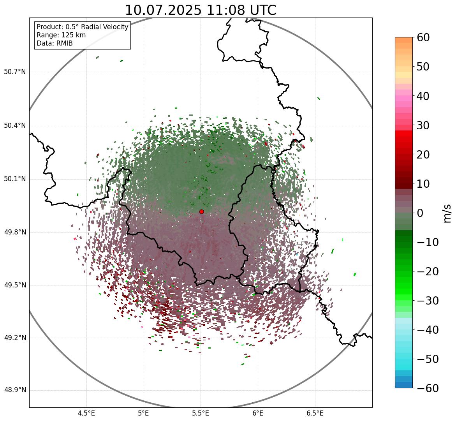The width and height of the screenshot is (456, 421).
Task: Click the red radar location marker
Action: click(201, 211)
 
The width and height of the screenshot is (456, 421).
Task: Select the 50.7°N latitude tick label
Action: click(15, 72)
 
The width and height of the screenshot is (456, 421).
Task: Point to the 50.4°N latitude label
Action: click(15, 125)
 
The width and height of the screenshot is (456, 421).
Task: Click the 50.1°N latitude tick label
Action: click(15, 179)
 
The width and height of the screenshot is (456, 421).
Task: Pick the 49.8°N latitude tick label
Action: click(15, 233)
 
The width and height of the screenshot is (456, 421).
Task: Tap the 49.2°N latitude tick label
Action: click(15, 338)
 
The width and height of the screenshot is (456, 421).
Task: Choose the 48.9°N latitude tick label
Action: click(15, 390)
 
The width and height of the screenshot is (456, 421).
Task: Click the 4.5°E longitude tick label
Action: click(86, 413)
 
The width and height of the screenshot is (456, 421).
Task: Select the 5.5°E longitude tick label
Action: click(201, 413)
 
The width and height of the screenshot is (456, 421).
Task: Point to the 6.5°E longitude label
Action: click(315, 413)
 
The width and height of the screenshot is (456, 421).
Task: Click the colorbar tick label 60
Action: click(423, 38)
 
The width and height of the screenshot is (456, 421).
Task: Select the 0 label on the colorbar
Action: click(420, 213)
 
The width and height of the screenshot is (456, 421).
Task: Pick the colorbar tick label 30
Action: click(423, 125)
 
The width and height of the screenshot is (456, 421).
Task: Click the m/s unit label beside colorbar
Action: click(447, 213)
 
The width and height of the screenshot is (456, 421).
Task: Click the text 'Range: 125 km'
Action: click(61, 35)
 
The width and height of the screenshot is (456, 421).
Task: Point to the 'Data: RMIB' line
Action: click(55, 43)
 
